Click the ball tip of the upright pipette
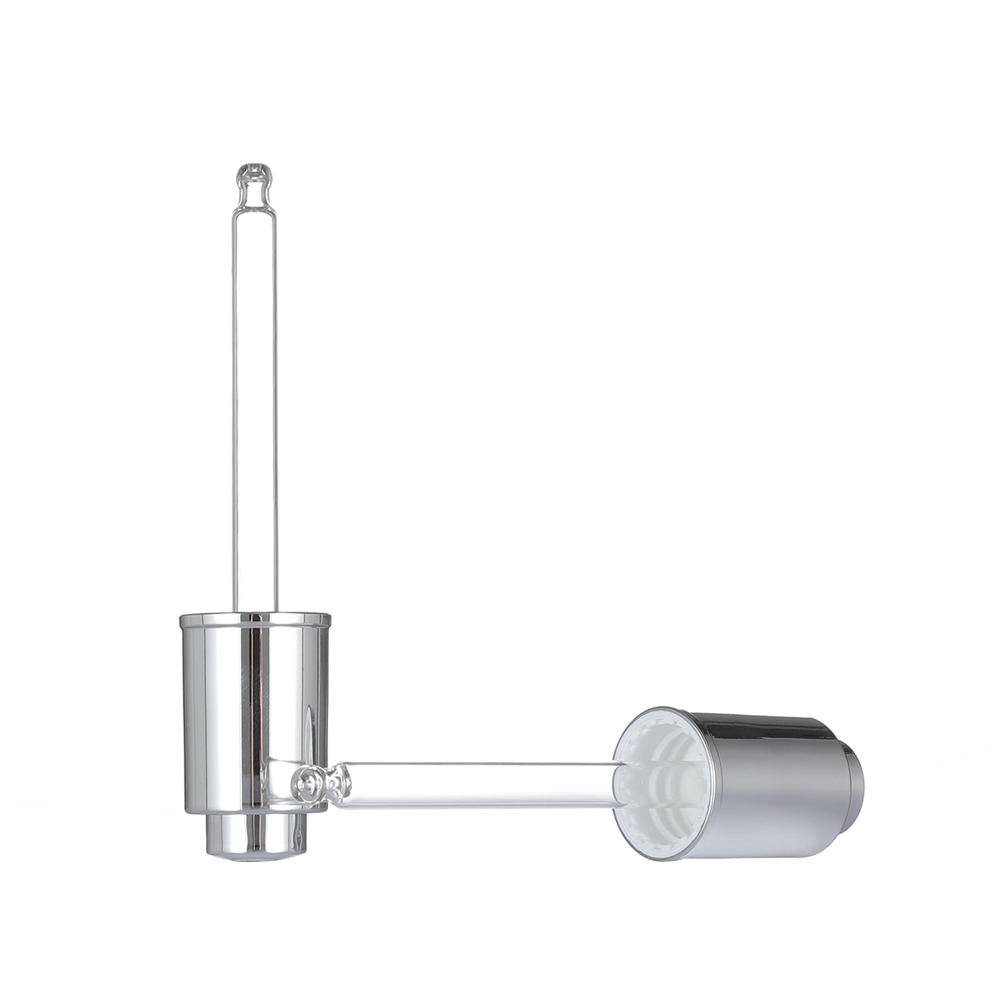(255, 174)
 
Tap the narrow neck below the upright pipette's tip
(255, 195)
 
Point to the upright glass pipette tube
(255, 403)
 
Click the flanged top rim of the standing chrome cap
(255, 620)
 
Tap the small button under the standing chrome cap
(256, 834)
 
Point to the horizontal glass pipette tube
(478, 785)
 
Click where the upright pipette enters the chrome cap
(255, 612)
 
